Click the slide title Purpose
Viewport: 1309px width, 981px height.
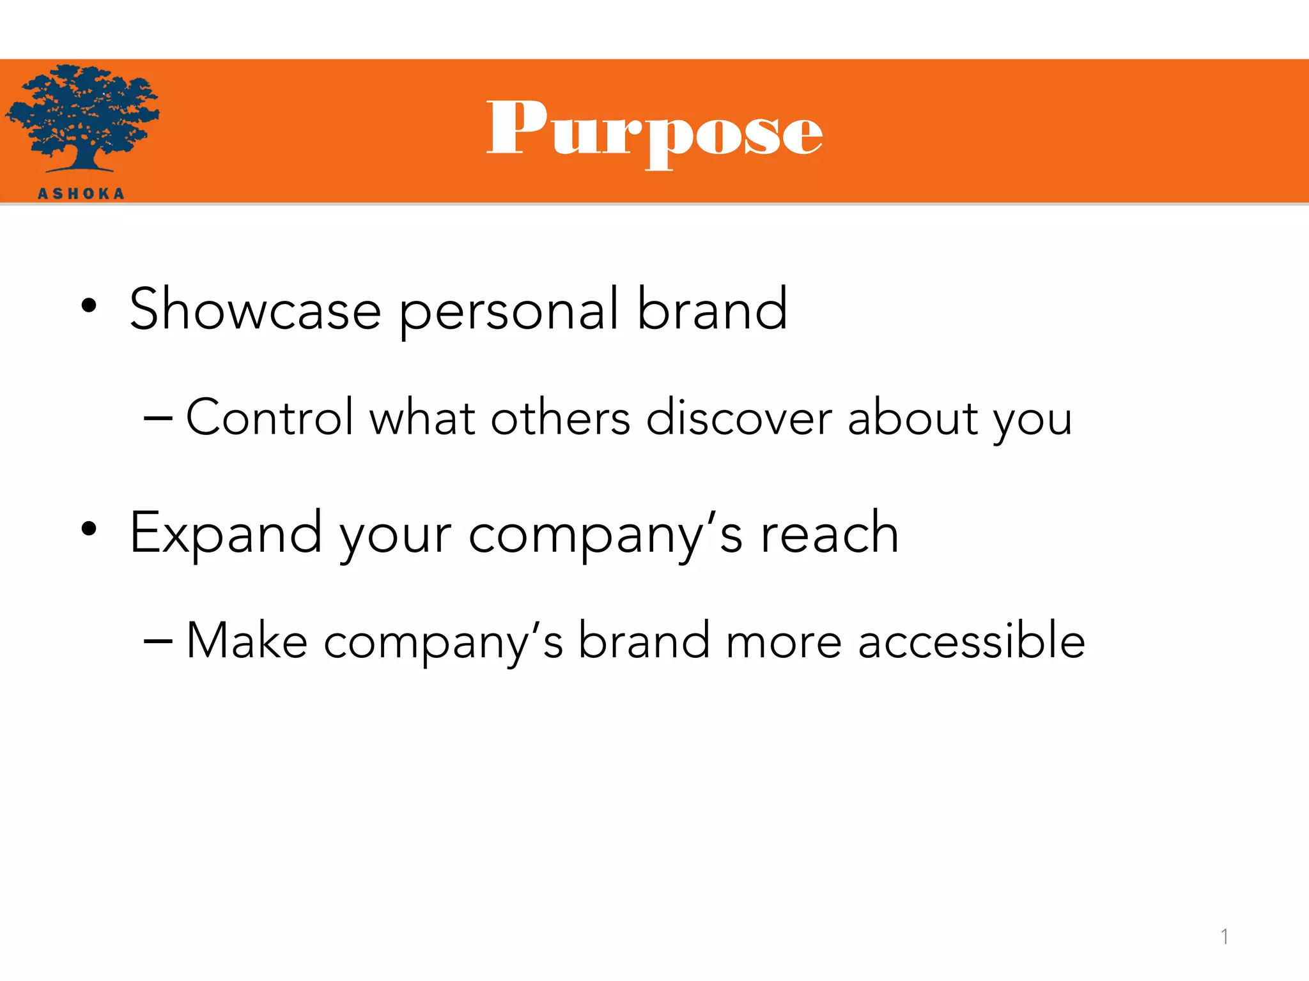(654, 131)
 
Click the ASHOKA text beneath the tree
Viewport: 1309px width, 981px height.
(81, 194)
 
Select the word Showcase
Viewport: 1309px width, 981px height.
(255, 310)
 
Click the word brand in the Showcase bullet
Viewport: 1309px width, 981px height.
(712, 310)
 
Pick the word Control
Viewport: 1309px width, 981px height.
(269, 418)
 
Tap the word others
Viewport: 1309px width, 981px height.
(561, 418)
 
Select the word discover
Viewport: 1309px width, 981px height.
(739, 418)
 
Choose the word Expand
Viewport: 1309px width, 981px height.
(226, 533)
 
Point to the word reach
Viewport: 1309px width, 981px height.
(830, 533)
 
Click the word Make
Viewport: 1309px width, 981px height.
(247, 641)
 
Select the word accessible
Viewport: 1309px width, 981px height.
(971, 641)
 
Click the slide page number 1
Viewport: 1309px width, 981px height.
(1224, 937)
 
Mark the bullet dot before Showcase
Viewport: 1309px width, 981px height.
(89, 306)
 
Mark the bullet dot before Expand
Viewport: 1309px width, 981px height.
(89, 529)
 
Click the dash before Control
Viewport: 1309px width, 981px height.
(158, 419)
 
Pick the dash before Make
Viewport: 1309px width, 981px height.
(158, 641)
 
